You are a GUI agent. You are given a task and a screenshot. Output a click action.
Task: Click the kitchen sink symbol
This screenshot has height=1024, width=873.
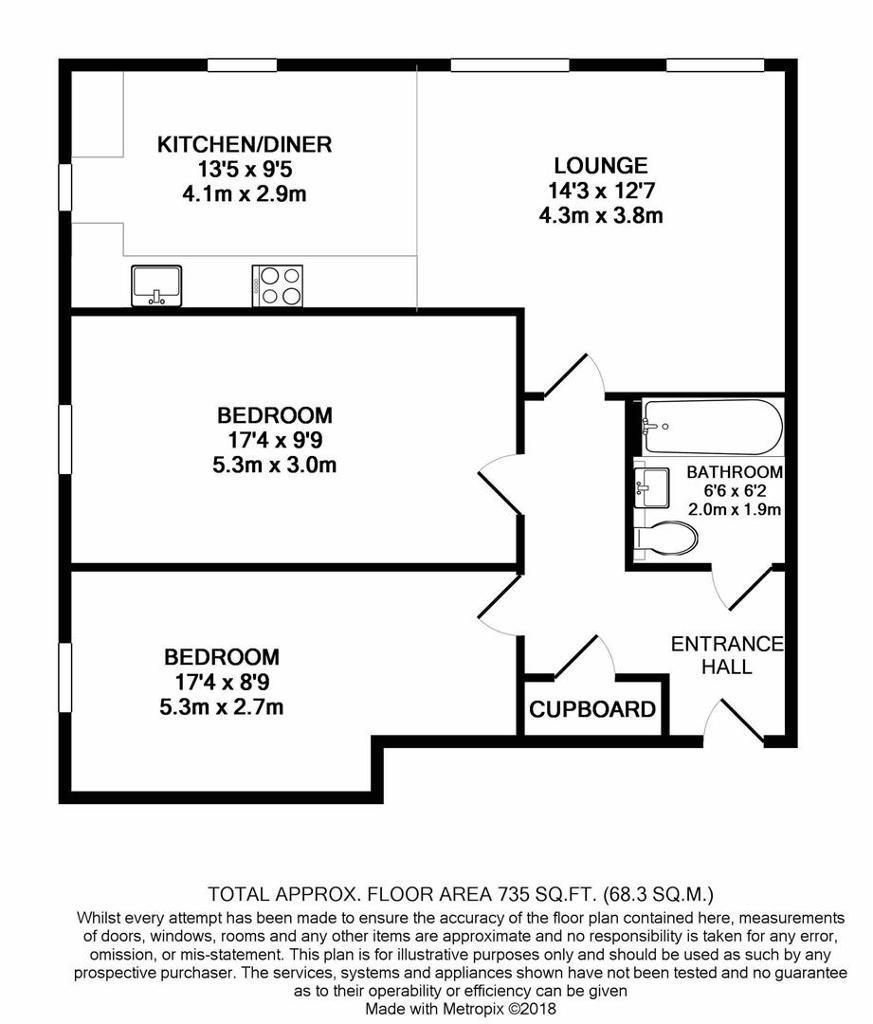click(x=157, y=285)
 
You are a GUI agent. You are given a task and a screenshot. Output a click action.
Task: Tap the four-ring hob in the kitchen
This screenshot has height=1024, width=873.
click(x=278, y=285)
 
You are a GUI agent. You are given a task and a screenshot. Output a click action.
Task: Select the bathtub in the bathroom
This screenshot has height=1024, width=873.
click(x=712, y=427)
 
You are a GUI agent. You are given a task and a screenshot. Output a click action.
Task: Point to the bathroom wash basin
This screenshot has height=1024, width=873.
click(x=652, y=487)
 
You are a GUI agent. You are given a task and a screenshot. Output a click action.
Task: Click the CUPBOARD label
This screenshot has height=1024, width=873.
click(x=592, y=709)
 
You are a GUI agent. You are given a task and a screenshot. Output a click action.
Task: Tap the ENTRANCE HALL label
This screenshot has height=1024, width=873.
click(x=727, y=655)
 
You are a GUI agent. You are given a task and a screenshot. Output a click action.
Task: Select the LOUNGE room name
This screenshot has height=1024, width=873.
click(x=601, y=165)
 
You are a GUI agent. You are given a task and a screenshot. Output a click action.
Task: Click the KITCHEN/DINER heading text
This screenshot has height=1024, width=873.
click(x=245, y=144)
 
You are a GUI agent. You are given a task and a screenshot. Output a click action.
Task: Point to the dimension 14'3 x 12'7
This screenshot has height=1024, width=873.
click(x=601, y=191)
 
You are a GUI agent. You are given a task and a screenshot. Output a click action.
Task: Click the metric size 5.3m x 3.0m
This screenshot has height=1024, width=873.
click(x=274, y=465)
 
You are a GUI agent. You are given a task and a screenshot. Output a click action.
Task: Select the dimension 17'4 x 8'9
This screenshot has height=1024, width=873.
click(x=222, y=682)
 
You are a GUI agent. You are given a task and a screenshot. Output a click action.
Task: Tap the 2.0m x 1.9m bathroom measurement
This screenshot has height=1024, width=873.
click(x=735, y=509)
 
